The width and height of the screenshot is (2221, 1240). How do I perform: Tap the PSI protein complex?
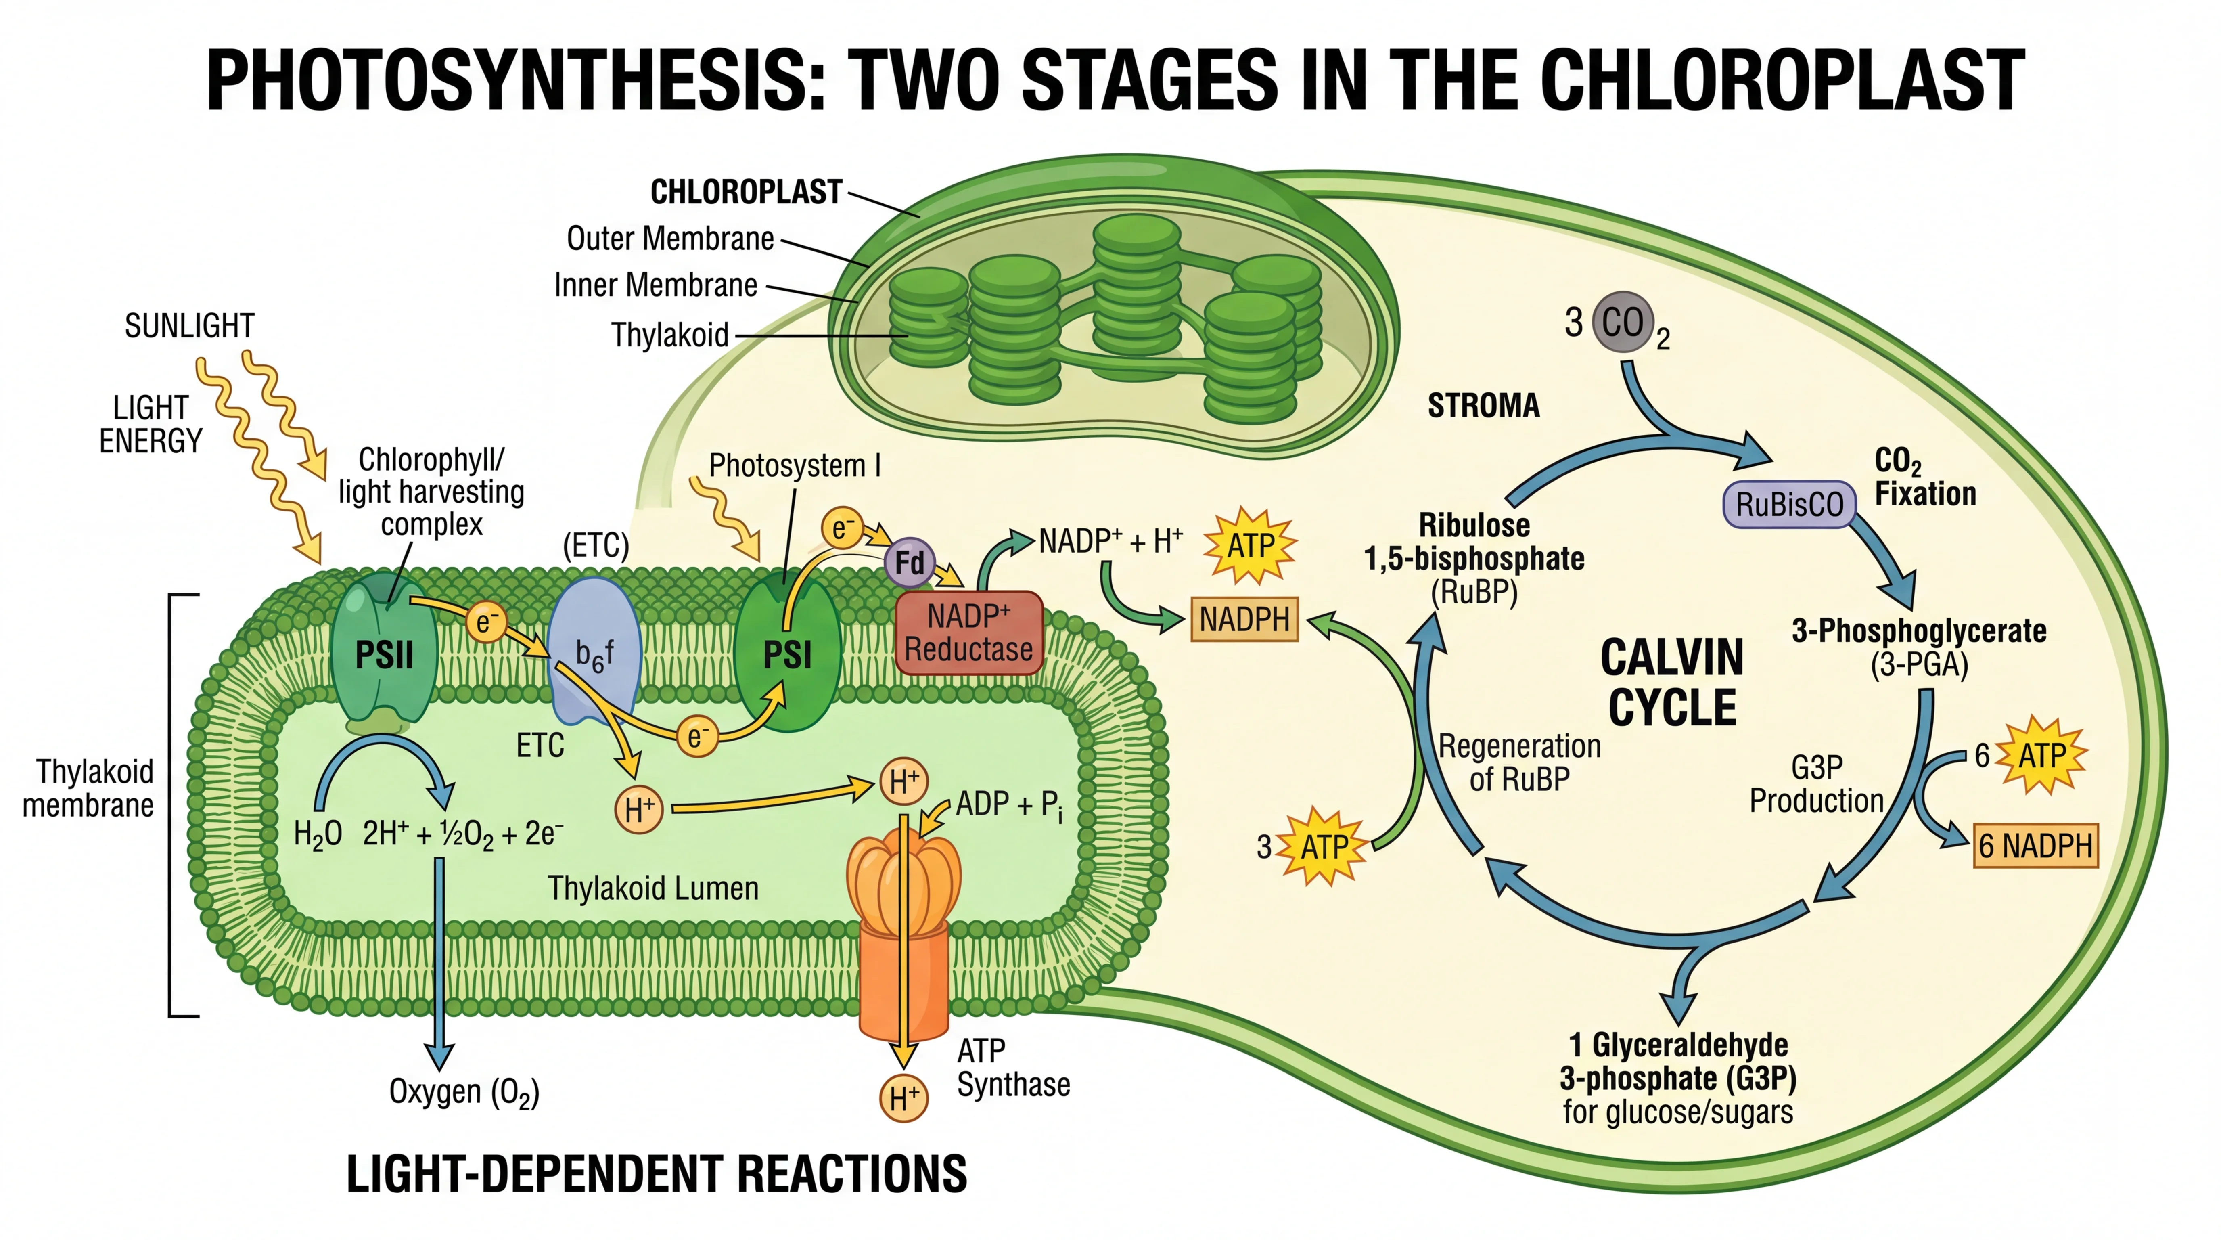(x=787, y=656)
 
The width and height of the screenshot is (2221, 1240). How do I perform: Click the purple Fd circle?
(x=909, y=563)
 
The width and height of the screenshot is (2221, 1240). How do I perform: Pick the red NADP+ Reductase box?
(x=968, y=633)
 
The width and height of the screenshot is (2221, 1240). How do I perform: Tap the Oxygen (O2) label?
(x=464, y=1092)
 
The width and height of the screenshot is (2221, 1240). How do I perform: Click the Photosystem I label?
(x=794, y=466)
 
